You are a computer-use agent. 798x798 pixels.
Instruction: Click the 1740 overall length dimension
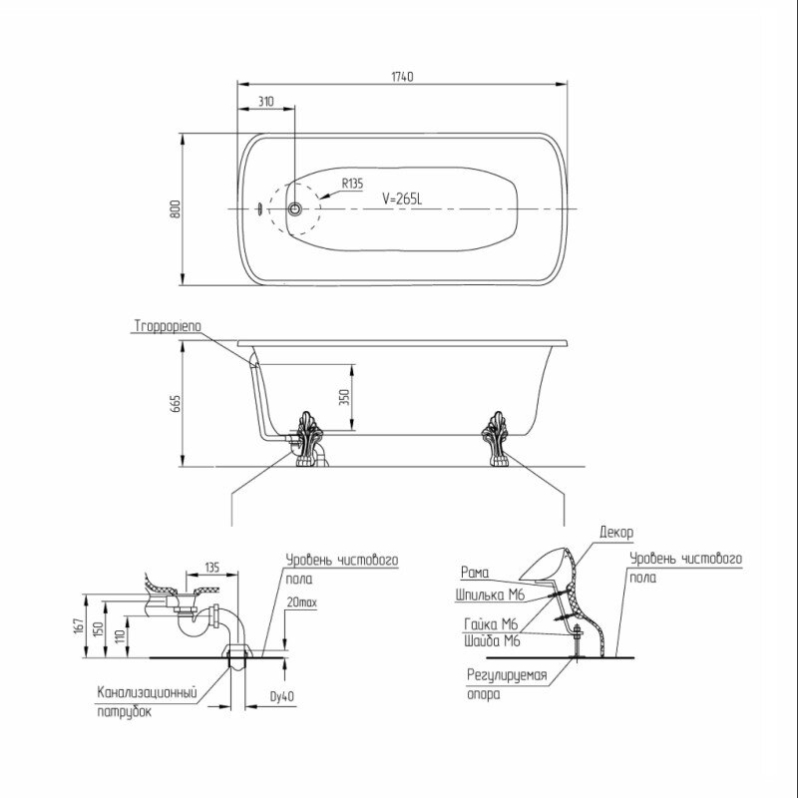click(402, 77)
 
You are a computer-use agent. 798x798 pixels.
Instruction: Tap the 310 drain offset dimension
click(265, 102)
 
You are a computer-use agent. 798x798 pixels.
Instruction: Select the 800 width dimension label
click(176, 208)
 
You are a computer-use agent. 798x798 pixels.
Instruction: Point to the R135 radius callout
click(352, 184)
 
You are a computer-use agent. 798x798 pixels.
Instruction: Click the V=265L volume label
click(402, 199)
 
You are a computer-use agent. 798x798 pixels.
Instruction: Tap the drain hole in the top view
click(294, 208)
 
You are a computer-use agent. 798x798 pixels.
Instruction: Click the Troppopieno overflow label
click(168, 326)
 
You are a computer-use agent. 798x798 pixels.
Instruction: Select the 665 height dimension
click(176, 403)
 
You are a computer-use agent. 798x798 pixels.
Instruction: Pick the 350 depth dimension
click(344, 397)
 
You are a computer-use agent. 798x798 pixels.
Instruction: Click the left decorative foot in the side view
click(309, 439)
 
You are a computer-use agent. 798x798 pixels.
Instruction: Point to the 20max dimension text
click(302, 602)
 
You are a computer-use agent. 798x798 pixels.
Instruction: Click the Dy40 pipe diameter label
click(282, 696)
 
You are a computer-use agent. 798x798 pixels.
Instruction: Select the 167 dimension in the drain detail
click(78, 626)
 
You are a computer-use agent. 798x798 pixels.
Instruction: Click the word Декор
click(616, 533)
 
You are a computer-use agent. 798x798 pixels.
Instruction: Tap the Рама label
click(475, 572)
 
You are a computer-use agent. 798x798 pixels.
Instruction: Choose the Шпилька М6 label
click(490, 595)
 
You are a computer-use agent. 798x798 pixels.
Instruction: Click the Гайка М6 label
click(491, 624)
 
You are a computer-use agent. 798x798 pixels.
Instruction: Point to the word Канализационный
click(147, 692)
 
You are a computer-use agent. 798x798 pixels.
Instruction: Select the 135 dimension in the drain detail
click(212, 567)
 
